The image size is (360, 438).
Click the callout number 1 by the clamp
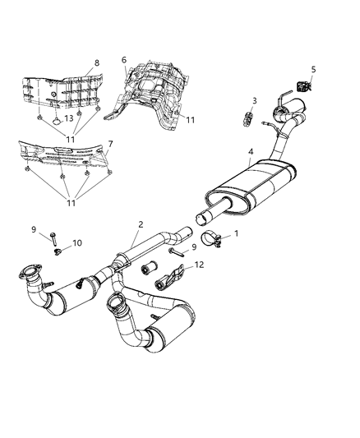(238, 233)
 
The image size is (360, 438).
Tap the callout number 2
(141, 224)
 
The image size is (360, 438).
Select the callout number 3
(254, 100)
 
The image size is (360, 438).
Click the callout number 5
(313, 69)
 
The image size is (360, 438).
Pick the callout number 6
(124, 60)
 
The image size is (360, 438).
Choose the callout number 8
(96, 62)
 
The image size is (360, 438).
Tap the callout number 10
(78, 242)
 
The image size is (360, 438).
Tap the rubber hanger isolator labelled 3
(245, 115)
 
